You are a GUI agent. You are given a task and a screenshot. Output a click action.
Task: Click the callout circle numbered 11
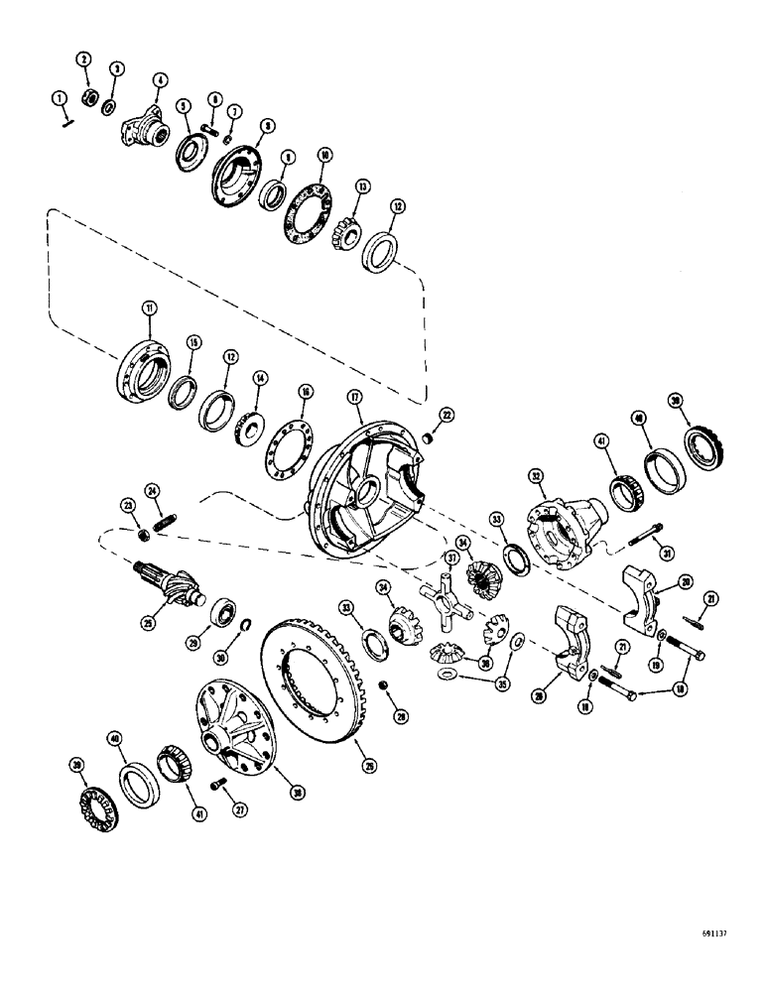click(x=150, y=310)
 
